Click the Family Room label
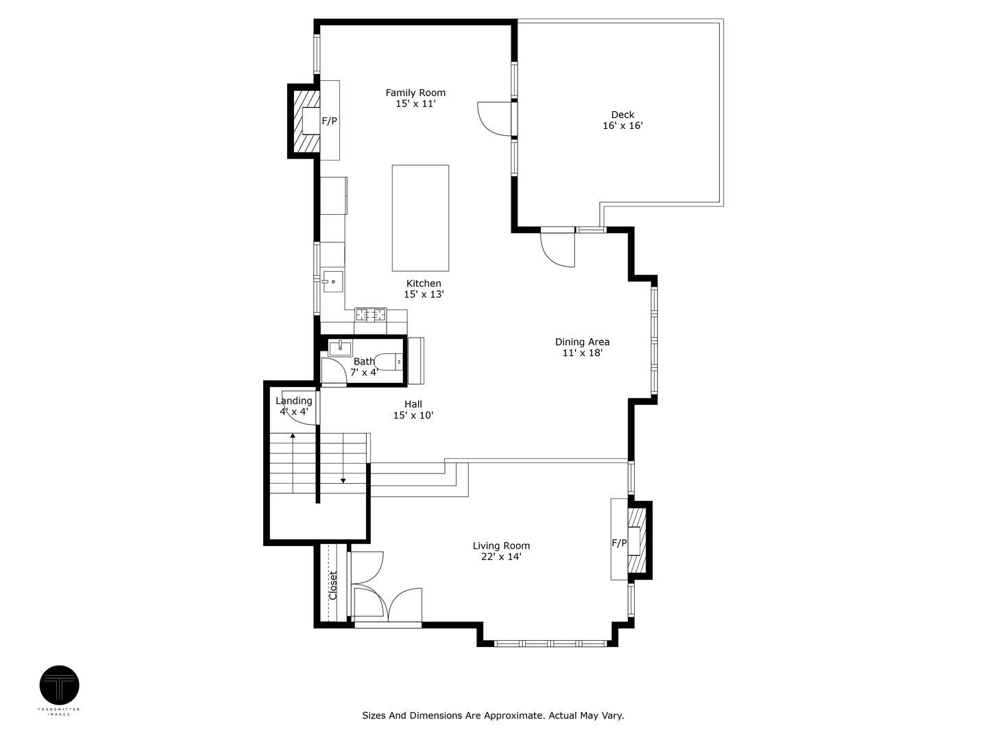coord(415,93)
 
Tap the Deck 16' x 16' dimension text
coord(623,126)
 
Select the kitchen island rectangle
coord(420,217)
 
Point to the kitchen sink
coord(333,281)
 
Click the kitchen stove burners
coord(371,314)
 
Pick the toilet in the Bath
coord(388,362)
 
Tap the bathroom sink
coord(340,347)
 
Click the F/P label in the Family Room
coord(329,121)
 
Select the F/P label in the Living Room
coord(619,543)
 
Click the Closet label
coord(332,585)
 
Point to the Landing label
coord(293,401)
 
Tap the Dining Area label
coord(583,342)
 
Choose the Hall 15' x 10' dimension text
coord(413,415)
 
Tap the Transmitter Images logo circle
coord(60,685)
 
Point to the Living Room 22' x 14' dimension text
coord(501,557)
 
